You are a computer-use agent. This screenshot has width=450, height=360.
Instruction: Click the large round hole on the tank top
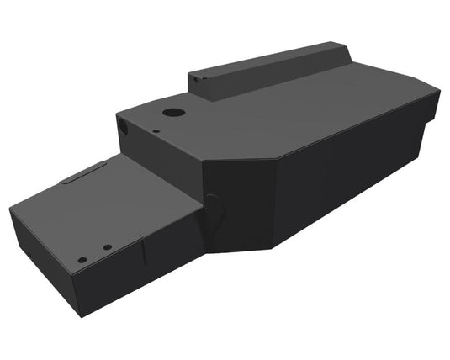(172, 112)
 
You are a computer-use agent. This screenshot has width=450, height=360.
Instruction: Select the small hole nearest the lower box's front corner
(81, 259)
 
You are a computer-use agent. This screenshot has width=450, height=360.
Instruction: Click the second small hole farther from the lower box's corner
(107, 246)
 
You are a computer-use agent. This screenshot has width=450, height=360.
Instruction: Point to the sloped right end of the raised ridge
(344, 55)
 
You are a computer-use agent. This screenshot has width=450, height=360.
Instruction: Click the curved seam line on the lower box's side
(145, 252)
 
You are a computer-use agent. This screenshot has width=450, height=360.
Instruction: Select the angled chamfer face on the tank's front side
(240, 206)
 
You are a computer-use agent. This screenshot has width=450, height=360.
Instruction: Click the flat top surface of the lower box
(109, 202)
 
